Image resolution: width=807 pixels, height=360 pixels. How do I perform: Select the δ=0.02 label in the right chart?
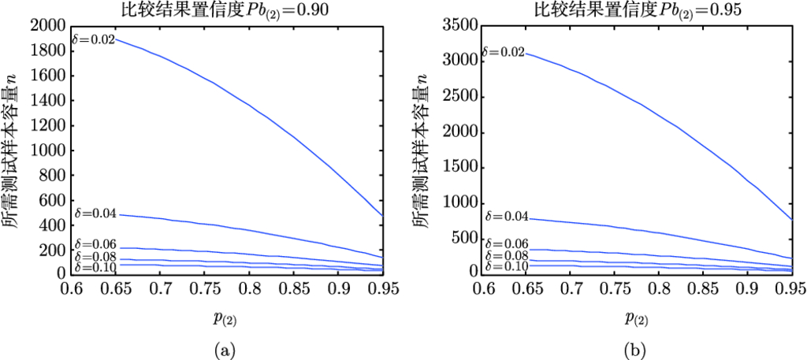(x=504, y=53)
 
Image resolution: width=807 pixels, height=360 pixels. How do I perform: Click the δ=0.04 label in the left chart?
(x=95, y=213)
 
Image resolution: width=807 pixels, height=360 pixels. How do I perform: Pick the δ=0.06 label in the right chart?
(x=504, y=244)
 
